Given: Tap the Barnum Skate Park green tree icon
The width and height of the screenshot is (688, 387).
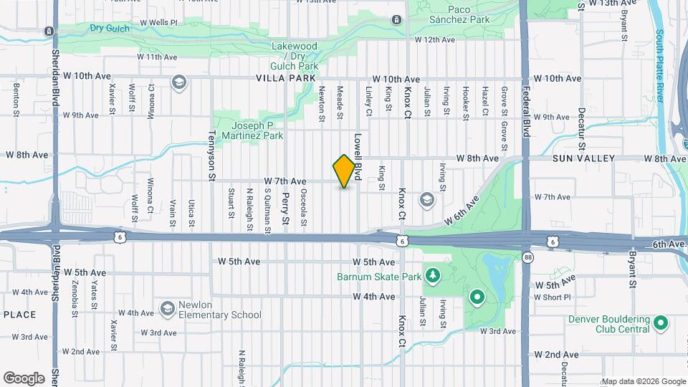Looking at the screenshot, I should (x=432, y=275).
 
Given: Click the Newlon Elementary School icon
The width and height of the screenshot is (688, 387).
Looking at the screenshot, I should (x=168, y=308).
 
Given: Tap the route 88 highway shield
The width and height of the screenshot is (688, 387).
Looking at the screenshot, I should (x=528, y=257).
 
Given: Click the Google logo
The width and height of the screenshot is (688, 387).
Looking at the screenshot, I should (x=24, y=378).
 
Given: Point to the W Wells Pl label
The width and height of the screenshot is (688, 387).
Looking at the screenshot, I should (x=158, y=23).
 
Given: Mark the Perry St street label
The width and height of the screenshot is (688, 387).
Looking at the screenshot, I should (x=285, y=208).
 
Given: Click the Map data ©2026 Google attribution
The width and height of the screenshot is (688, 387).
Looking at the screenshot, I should (x=643, y=381).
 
